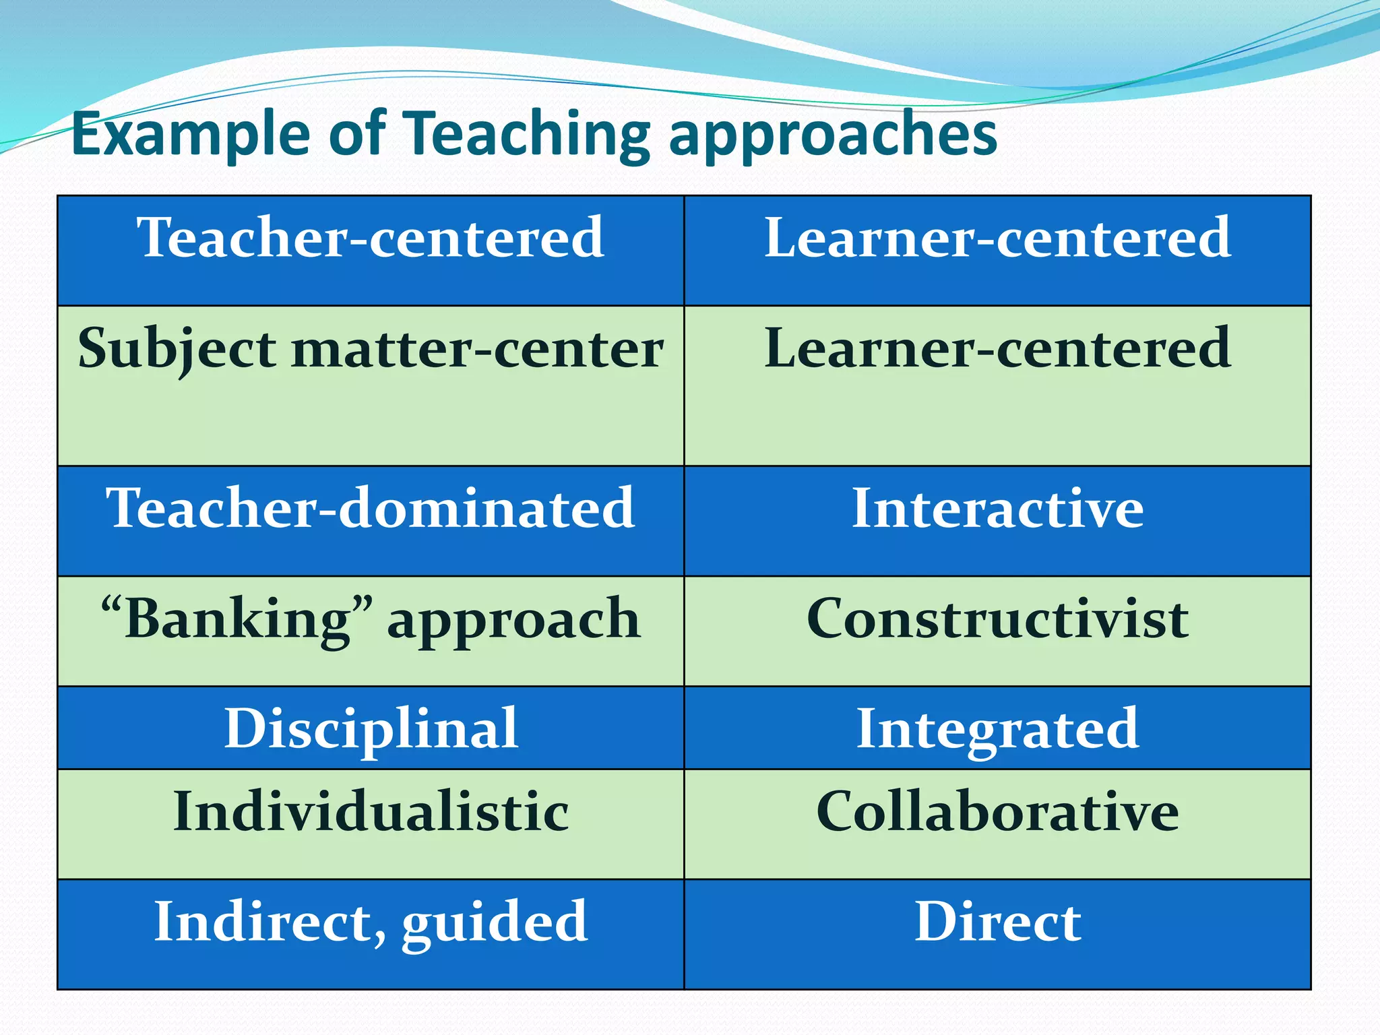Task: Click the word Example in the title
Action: (190, 135)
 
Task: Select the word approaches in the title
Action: (833, 135)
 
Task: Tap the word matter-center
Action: (477, 349)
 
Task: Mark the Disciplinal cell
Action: (371, 728)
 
